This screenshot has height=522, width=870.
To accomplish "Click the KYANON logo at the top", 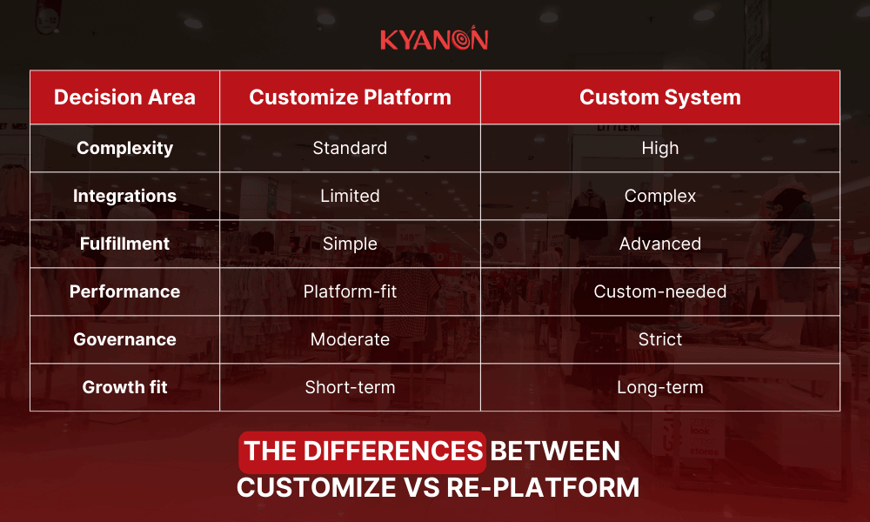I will click(434, 40).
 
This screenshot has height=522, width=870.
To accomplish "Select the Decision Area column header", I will click(124, 97).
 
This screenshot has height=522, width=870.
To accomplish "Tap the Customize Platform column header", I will click(350, 97).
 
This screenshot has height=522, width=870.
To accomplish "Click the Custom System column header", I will click(659, 97).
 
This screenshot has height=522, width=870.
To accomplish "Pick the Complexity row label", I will click(124, 148).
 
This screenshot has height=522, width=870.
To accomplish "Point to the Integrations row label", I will click(124, 196).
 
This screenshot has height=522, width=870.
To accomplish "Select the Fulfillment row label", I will click(124, 244).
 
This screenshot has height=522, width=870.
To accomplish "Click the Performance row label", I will click(124, 291).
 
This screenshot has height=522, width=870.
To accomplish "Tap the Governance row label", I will click(124, 339).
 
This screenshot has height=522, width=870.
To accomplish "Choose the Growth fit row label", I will click(124, 387).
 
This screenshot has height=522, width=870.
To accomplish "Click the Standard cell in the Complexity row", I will click(350, 148).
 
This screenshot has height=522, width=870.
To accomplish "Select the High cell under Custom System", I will click(659, 148).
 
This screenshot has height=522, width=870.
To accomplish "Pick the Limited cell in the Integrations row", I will click(350, 196).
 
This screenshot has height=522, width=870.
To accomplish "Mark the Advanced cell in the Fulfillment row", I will click(659, 244).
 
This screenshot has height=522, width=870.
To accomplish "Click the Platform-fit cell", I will click(350, 291).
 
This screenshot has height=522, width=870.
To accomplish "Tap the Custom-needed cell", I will click(659, 291).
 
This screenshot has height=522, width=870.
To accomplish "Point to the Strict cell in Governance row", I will click(659, 339).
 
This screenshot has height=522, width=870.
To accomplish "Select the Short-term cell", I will click(350, 387).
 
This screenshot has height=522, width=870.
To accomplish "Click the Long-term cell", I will click(659, 387).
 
